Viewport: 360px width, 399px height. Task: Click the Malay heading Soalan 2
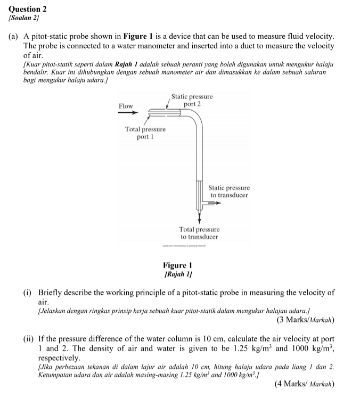point(23,18)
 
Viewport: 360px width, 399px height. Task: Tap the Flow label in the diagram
point(126,106)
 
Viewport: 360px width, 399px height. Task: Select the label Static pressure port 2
point(192,100)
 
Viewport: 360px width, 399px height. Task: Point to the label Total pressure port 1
point(145,133)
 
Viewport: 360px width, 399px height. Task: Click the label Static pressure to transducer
point(229,192)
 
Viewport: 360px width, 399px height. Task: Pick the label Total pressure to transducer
point(199,233)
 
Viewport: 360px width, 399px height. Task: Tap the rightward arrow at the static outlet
point(209,203)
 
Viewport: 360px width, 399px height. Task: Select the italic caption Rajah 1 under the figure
point(178,275)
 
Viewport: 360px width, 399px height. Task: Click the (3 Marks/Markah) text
point(305,320)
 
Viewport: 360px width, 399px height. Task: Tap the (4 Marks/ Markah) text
point(304,384)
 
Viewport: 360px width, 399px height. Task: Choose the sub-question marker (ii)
point(28,339)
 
